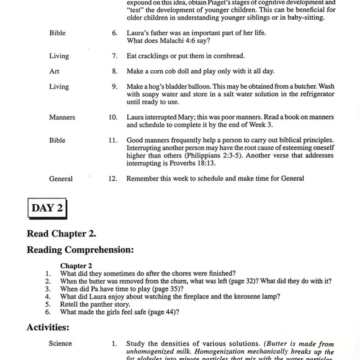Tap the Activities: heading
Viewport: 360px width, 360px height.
point(48,327)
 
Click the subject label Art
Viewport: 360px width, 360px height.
point(54,71)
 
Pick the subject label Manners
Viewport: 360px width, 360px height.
point(62,117)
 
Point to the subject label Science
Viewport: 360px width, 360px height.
point(61,343)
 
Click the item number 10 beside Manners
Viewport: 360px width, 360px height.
point(112,117)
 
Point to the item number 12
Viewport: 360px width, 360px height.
point(112,179)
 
